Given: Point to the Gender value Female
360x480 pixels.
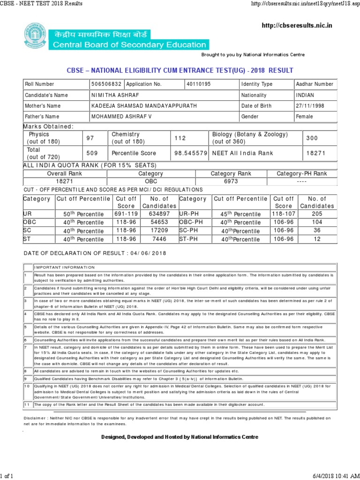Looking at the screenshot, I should point(305,116).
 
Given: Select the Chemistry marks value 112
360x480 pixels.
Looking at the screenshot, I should point(180,138).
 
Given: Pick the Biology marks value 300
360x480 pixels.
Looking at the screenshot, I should point(312,138).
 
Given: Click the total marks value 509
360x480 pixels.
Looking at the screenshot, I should point(92,153).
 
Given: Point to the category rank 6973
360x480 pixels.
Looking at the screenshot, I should point(231,181).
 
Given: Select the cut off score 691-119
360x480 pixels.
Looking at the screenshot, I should point(126,214).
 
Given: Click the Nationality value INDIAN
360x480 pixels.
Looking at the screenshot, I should point(306,95).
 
